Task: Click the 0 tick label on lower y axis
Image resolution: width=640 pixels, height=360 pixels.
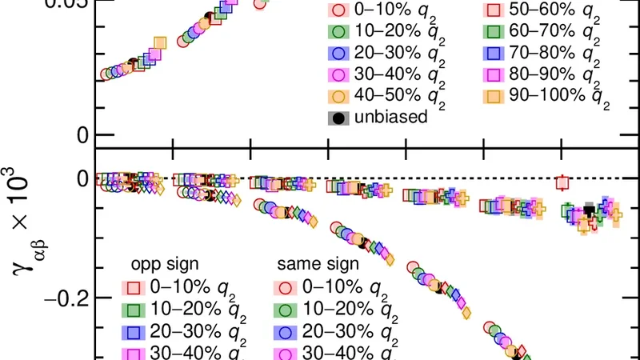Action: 80,178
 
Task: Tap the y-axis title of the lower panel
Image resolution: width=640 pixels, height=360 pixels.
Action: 26,240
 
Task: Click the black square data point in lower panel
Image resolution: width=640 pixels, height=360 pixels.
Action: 590,211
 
